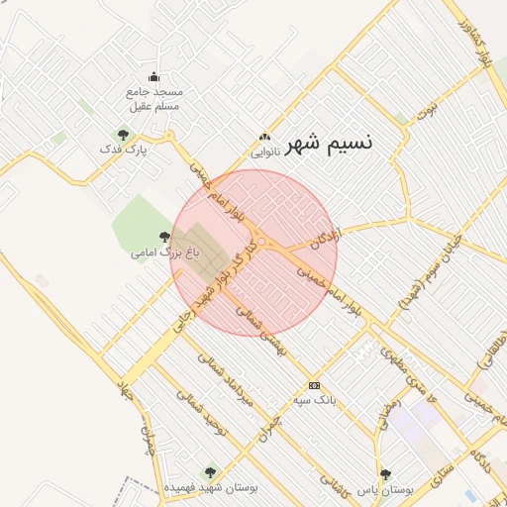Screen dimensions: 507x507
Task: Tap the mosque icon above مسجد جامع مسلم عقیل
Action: coord(153,76)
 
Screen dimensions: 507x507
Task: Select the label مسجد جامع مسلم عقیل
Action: coord(153,97)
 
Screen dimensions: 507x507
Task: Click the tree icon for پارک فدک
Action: coord(123,134)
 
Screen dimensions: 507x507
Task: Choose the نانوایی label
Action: coord(265,152)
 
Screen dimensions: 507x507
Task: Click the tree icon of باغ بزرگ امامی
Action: coord(164,237)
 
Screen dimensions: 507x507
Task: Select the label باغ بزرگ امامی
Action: coord(165,253)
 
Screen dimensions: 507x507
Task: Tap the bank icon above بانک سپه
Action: coord(315,385)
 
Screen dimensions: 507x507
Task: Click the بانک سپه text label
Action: coord(315,400)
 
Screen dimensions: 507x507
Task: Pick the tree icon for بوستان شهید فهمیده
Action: coord(208,472)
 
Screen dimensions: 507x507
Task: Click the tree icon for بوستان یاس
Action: coord(386,474)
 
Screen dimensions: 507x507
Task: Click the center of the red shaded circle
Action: coord(253,253)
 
